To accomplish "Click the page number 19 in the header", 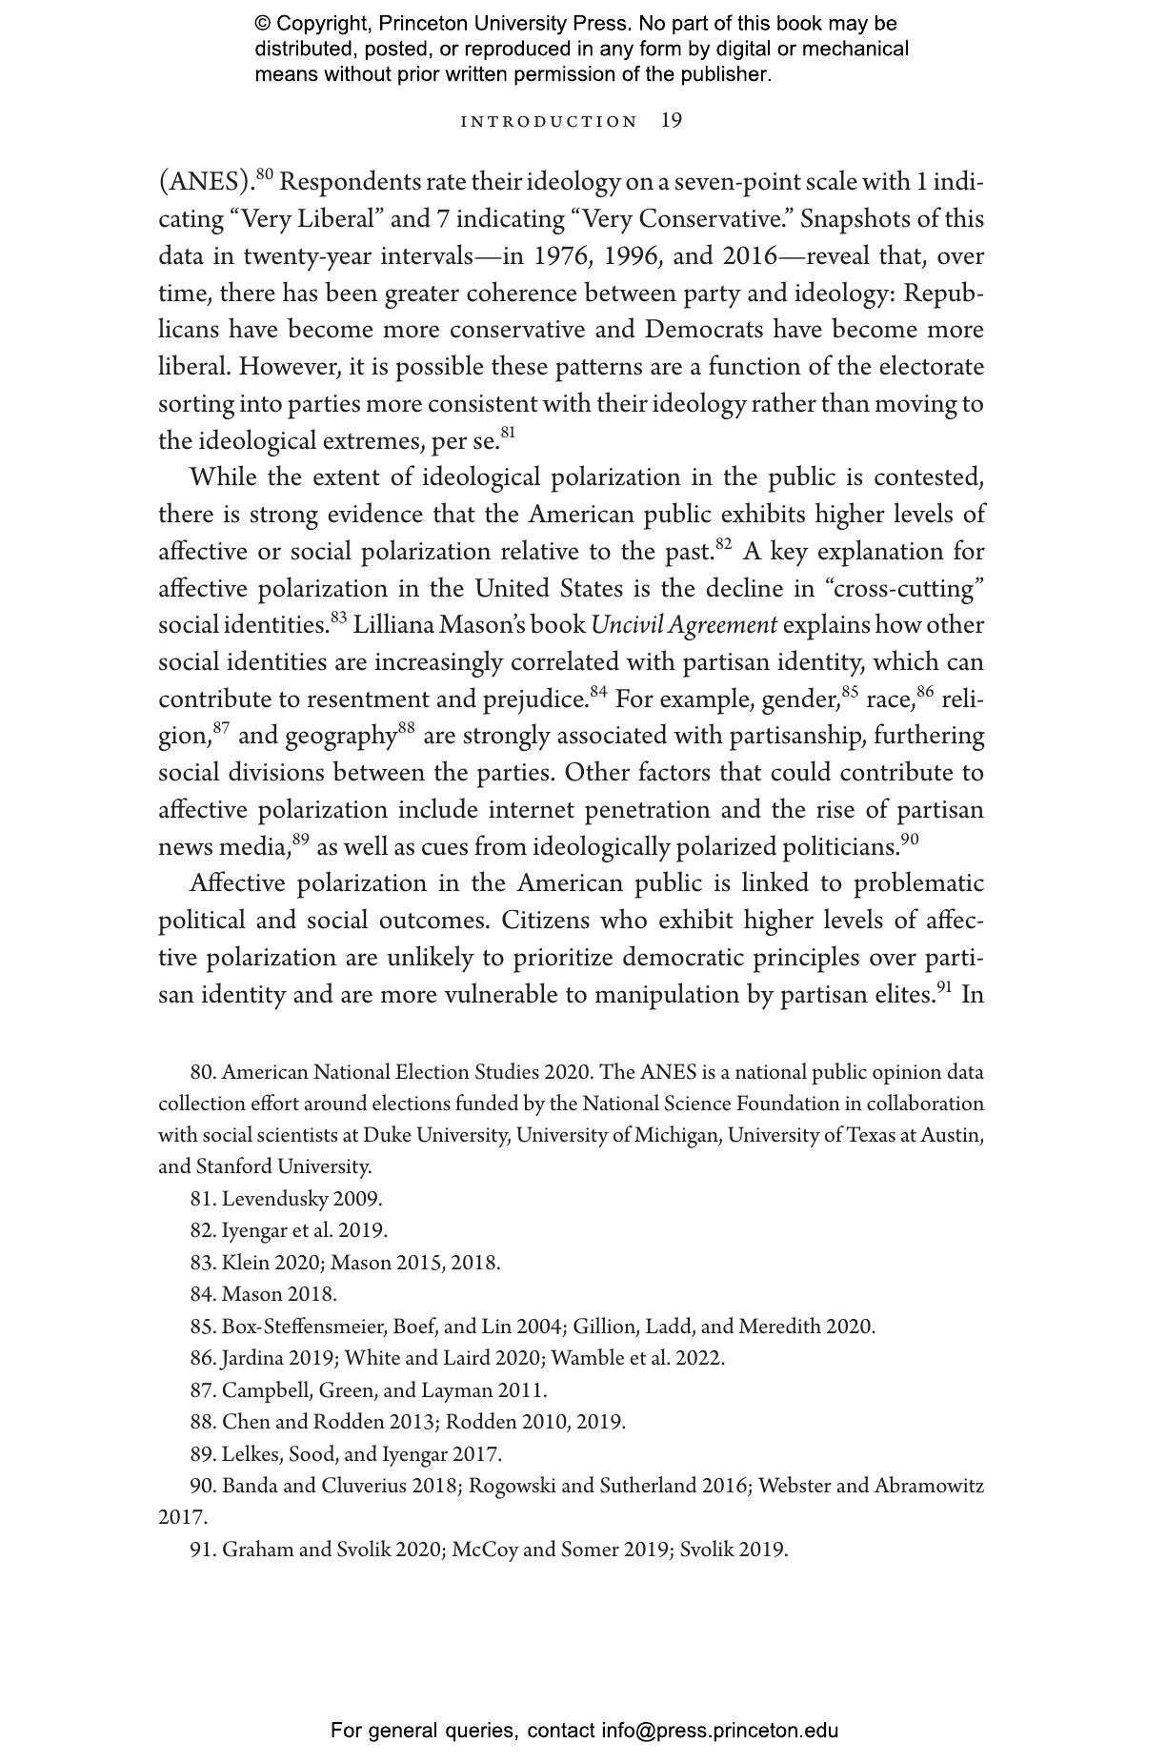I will [672, 121].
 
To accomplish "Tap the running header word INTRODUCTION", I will [549, 122].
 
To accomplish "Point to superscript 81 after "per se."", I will [508, 434].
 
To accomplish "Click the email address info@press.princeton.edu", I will [719, 1731].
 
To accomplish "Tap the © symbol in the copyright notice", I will [263, 24].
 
